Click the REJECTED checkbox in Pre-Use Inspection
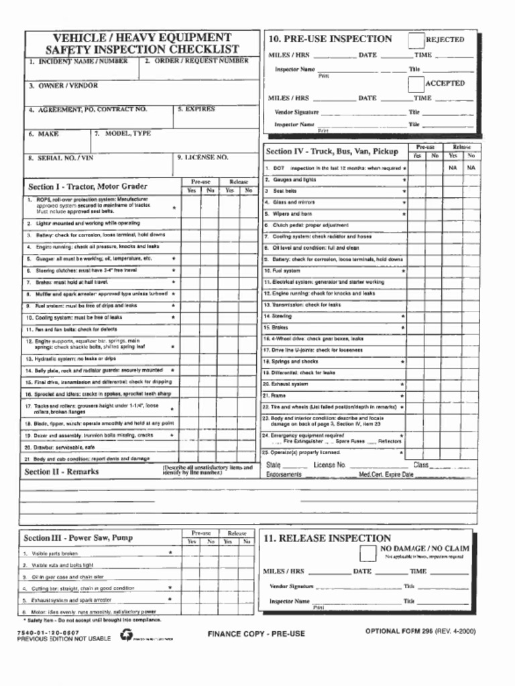[416, 40]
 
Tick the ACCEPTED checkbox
[416, 84]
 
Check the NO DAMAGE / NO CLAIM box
[367, 553]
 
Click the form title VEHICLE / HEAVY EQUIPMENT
[141, 38]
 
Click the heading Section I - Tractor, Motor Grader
[88, 186]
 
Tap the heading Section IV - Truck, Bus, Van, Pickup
[332, 151]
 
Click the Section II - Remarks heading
[61, 471]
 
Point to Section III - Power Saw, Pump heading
[78, 537]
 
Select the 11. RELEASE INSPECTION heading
[327, 538]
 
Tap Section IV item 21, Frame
[278, 395]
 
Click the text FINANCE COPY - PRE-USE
[256, 634]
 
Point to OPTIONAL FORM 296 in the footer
[400, 631]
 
